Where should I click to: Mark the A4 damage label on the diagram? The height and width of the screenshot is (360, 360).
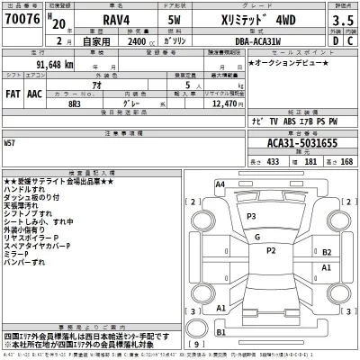click(x=219, y=184)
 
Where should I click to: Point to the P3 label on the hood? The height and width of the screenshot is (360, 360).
click(x=251, y=217)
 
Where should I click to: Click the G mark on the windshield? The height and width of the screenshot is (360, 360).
click(x=257, y=238)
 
